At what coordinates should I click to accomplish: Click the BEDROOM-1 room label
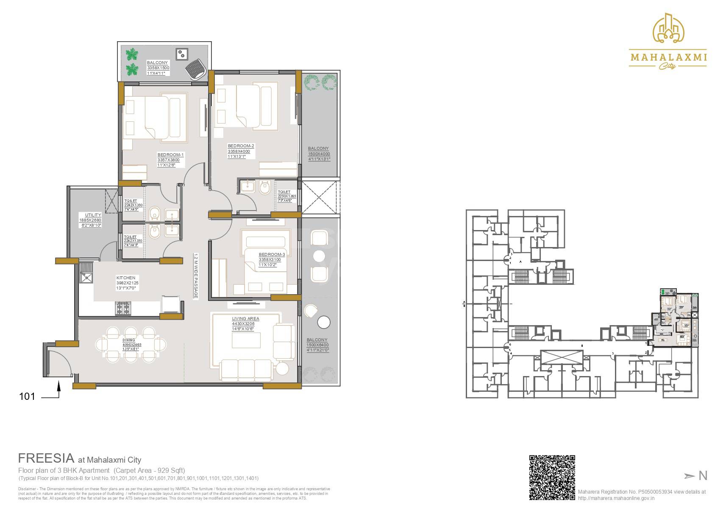point(170,154)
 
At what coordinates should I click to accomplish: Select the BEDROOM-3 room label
point(272,255)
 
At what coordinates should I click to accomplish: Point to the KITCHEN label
point(126,278)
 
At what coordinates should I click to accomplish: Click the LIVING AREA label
point(245,319)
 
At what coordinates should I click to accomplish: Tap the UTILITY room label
point(93,215)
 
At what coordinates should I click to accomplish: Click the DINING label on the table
point(128,340)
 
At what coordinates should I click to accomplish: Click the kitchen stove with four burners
point(122,308)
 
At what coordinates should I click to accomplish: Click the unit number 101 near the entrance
point(27,397)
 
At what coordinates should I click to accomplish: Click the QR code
point(552,477)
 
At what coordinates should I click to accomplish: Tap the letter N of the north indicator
point(703,476)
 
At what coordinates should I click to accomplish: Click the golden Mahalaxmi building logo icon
point(669,28)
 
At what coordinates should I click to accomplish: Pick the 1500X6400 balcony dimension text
point(318,345)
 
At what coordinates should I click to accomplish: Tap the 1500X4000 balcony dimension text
point(319,154)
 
